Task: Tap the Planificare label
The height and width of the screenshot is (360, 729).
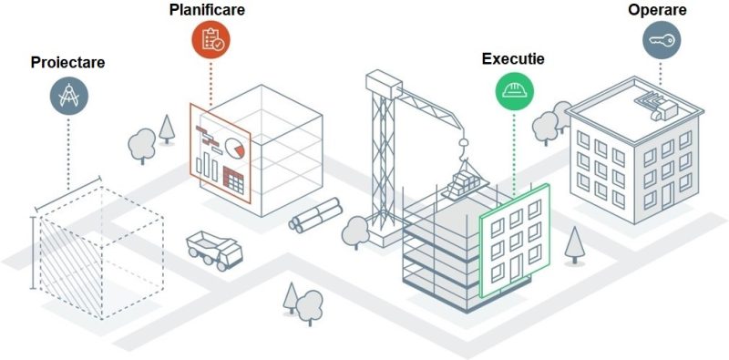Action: (207, 12)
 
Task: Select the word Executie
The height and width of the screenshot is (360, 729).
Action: (513, 58)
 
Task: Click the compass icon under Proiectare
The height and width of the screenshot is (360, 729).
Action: (68, 96)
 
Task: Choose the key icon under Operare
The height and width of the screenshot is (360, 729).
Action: (662, 40)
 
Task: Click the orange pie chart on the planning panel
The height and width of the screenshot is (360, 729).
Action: (237, 148)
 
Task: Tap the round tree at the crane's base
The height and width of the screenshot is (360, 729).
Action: (354, 234)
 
